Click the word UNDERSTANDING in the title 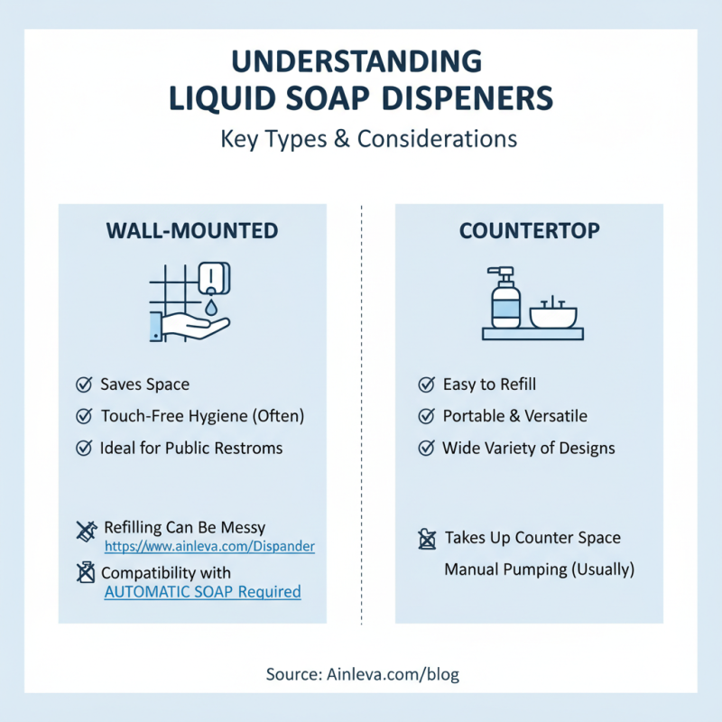tap(356, 61)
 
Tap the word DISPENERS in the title tap(467, 98)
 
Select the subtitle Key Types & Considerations tap(369, 139)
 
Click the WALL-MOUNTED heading tap(192, 231)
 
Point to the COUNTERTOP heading tap(530, 231)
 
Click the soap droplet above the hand tap(211, 306)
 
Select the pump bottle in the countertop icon tap(505, 298)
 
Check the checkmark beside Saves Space tap(84, 384)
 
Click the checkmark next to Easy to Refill tap(426, 384)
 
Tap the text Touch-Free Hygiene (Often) tap(202, 416)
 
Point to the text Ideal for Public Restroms tap(191, 448)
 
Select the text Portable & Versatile tap(514, 416)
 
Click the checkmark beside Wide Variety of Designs tap(426, 448)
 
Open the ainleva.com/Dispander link tap(209, 546)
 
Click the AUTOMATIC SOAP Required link tap(202, 592)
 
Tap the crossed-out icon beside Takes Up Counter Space tap(427, 539)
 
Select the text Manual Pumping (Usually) tap(539, 569)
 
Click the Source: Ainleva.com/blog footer tap(363, 674)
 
